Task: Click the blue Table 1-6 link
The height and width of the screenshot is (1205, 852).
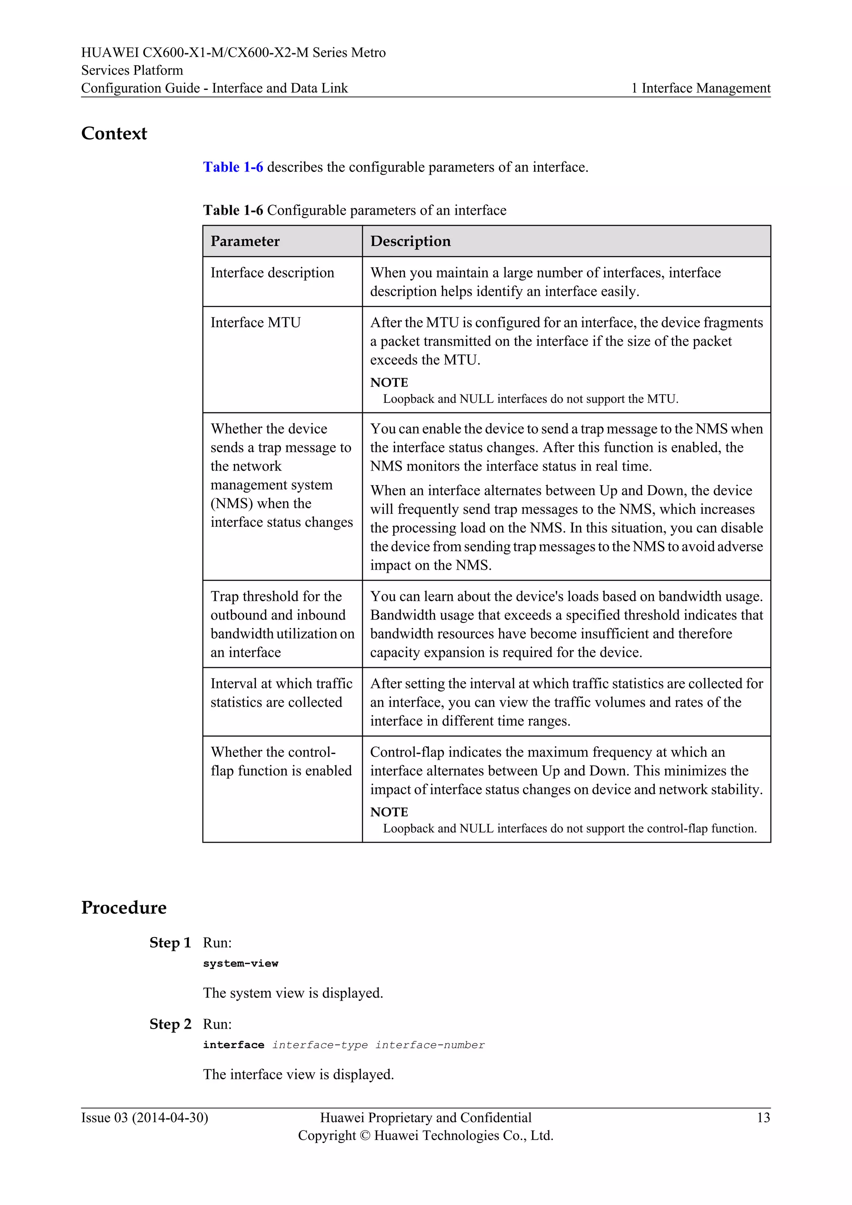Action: pyautogui.click(x=233, y=167)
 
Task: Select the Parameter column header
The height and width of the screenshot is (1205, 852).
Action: pyautogui.click(x=245, y=241)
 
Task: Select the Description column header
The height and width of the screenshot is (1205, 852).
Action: pyautogui.click(x=410, y=241)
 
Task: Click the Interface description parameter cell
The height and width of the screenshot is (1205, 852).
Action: pyautogui.click(x=272, y=273)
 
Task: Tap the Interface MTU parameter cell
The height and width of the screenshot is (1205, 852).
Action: pyautogui.click(x=255, y=323)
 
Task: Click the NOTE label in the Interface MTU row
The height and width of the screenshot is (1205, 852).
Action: pyautogui.click(x=389, y=383)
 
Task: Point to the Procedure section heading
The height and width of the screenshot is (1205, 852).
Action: pyautogui.click(x=124, y=907)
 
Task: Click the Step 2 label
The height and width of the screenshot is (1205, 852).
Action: pyautogui.click(x=170, y=1024)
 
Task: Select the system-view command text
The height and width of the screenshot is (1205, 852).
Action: pyautogui.click(x=241, y=964)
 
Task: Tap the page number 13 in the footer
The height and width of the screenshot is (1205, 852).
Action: pyautogui.click(x=763, y=1118)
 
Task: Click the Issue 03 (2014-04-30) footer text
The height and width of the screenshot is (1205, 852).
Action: pyautogui.click(x=144, y=1118)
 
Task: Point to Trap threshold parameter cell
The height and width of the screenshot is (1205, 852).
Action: pyautogui.click(x=282, y=624)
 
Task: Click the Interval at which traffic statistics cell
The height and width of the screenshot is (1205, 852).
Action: pyautogui.click(x=281, y=693)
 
